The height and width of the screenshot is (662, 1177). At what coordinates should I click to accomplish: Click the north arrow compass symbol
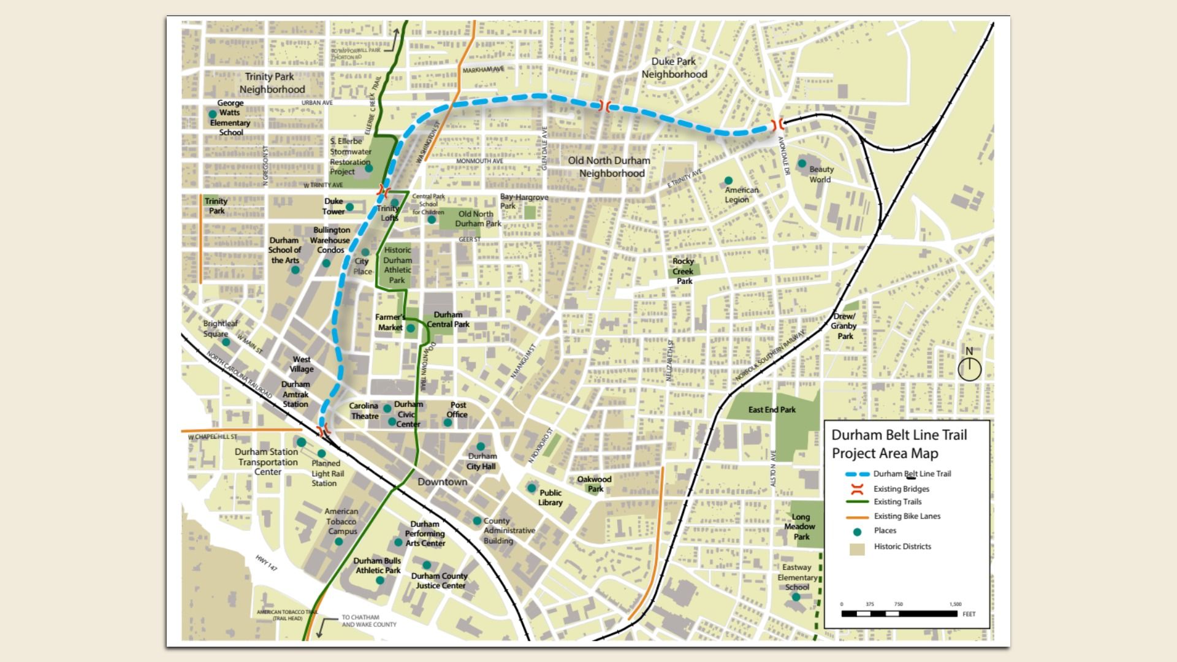pos(969,368)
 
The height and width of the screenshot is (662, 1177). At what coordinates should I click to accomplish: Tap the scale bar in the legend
pos(899,613)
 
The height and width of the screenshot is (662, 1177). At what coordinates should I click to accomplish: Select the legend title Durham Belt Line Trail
pos(899,444)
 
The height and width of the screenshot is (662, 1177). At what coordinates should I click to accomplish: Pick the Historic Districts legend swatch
pos(857,548)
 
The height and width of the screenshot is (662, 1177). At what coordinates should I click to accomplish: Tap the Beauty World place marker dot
pos(802,163)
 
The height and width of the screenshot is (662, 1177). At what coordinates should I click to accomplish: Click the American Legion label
pos(741,194)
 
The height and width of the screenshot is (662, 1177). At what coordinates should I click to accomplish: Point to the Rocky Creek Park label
pos(684,271)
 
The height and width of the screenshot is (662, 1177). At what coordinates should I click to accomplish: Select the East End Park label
pos(771,409)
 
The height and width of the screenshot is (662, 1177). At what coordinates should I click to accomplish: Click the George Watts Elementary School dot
pos(212,114)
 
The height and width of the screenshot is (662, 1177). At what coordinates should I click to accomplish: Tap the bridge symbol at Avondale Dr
pos(779,124)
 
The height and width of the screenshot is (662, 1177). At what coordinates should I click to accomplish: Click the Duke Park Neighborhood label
pos(674,68)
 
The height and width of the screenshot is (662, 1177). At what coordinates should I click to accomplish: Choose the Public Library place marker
pos(531,488)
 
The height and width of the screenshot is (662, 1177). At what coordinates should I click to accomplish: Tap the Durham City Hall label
pos(482,461)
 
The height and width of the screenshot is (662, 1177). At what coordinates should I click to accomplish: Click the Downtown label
pos(442,482)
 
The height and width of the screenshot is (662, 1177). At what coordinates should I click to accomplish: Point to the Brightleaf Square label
pos(220,329)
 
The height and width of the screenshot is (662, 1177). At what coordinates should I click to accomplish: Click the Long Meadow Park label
pos(800,527)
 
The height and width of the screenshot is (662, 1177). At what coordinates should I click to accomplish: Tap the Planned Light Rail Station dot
pos(321,454)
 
